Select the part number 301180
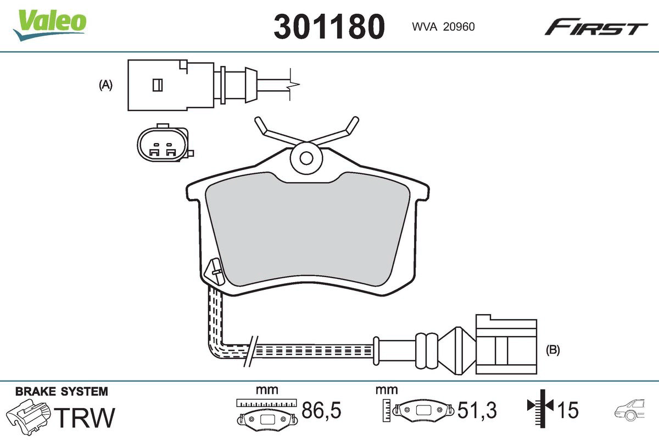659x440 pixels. [x=329, y=26]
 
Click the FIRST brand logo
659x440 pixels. [x=595, y=27]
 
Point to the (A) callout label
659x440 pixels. [x=105, y=85]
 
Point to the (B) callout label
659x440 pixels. [x=552, y=350]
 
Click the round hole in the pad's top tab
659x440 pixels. [x=306, y=157]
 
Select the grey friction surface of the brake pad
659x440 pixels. [x=308, y=231]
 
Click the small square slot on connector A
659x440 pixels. [x=157, y=85]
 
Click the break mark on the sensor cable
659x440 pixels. [x=249, y=351]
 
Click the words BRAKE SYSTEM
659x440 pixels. [x=62, y=392]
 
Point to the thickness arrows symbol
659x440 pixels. [x=541, y=407]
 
